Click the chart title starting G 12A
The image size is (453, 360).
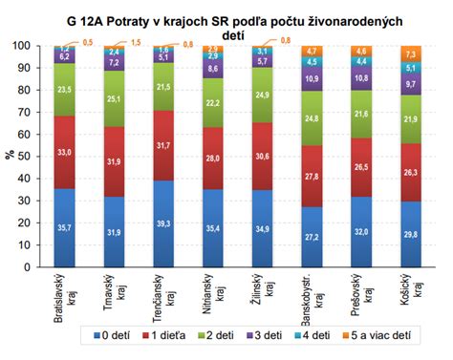pyautogui.click(x=228, y=21)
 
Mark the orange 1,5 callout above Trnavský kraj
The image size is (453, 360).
pyautogui.click(x=137, y=43)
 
